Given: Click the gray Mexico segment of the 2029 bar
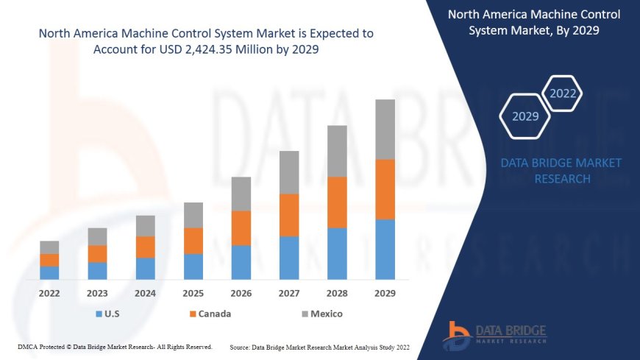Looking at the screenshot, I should coord(385,130).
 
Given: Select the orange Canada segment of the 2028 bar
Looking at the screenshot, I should coord(337,202).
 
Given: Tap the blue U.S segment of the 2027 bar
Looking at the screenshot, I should coord(289,258).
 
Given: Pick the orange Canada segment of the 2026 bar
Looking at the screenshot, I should coord(241,228).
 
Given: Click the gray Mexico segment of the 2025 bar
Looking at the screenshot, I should coord(193,215).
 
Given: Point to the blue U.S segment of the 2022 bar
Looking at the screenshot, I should coord(49,272).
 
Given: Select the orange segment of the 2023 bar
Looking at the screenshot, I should coord(97,253).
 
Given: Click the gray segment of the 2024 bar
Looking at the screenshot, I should coord(146,226).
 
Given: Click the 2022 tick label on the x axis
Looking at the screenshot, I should coord(49,293).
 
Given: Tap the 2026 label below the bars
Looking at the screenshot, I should coord(241,293).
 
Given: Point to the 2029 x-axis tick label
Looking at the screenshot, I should coord(385,293).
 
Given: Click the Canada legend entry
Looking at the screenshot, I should coord(210,314).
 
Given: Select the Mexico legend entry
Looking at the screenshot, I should coord(321,314).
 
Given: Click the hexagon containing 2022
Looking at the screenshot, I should coord(562,93).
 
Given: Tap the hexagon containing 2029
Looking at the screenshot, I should coord(525,116).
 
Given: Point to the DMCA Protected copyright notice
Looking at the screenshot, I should coord(115,346).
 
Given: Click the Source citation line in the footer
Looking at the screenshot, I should coord(319,346).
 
